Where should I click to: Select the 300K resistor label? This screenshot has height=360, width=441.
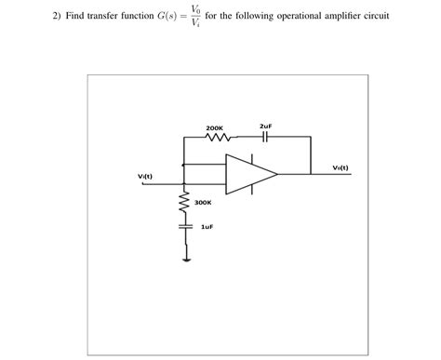(x=203, y=201)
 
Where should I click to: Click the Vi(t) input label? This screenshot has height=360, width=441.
(x=144, y=177)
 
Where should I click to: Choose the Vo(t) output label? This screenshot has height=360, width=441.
(x=341, y=167)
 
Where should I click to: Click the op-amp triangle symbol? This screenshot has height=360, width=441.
(x=249, y=173)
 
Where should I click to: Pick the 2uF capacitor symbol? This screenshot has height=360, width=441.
(x=265, y=137)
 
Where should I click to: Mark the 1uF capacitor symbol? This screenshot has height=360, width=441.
(x=183, y=225)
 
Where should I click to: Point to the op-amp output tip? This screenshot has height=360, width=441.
(x=277, y=173)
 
